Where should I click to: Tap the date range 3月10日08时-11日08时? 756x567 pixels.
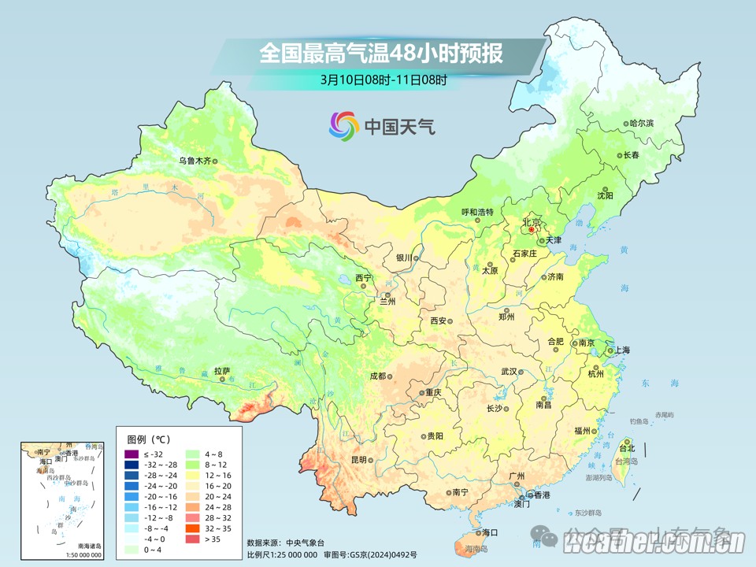pos(384,80)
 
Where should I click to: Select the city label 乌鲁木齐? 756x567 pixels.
pos(194,161)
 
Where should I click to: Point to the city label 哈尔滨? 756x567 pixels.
pos(642,124)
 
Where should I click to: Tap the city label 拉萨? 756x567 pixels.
pos(221,370)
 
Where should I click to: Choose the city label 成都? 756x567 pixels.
pos(377,376)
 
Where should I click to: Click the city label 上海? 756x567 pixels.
pos(622,350)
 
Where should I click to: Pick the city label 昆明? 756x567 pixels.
pos(358,459)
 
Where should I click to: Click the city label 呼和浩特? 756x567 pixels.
pos(476,212)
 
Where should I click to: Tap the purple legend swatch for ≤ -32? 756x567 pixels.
pos(132,454)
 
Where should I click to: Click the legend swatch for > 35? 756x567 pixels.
pos(191,539)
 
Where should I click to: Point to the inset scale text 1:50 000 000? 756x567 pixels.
pos(79,554)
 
